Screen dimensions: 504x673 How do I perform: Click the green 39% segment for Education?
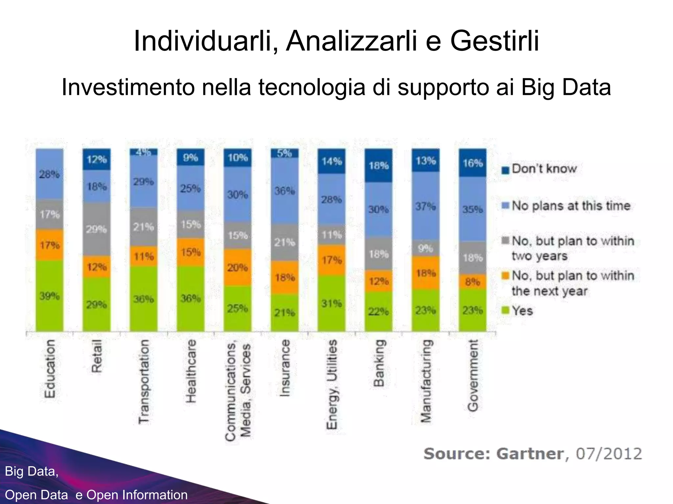click(x=50, y=296)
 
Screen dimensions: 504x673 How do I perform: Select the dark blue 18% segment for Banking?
click(x=379, y=165)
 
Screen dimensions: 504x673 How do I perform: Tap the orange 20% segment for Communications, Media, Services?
click(x=238, y=267)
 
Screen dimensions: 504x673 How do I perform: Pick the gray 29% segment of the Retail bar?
click(x=97, y=229)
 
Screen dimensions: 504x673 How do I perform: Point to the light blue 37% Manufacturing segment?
click(x=426, y=206)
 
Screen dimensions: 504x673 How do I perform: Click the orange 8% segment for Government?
click(x=473, y=282)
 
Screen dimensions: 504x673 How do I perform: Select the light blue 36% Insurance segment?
click(x=285, y=191)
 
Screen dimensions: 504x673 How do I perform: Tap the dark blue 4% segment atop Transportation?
click(x=144, y=152)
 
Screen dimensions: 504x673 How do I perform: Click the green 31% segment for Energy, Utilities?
click(x=332, y=303)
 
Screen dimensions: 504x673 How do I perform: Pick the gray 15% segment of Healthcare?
click(x=191, y=224)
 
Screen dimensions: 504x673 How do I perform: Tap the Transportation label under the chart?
click(x=144, y=382)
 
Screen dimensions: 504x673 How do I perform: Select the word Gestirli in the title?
click(x=494, y=41)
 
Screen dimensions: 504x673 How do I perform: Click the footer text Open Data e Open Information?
click(x=96, y=495)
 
